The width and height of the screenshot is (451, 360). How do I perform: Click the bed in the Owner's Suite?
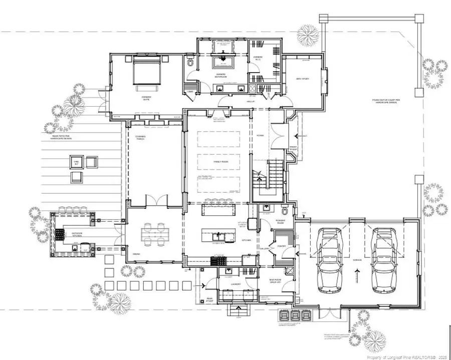pos(146,73)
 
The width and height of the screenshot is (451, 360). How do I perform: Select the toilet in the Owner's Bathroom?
pos(190,65)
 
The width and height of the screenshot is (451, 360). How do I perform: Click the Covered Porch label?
pos(140,138)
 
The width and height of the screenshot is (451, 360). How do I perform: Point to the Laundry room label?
pos(236,284)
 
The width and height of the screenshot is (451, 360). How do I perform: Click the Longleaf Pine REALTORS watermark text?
pos(406,357)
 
